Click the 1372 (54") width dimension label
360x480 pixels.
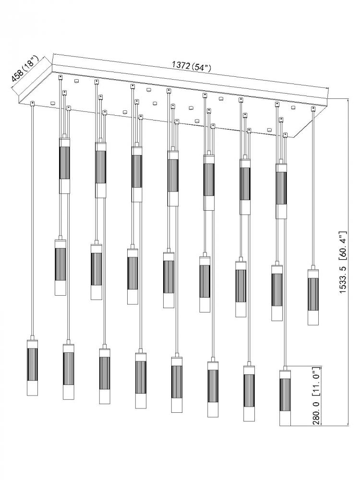(192, 66)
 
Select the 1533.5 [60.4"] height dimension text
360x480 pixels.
(343, 263)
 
